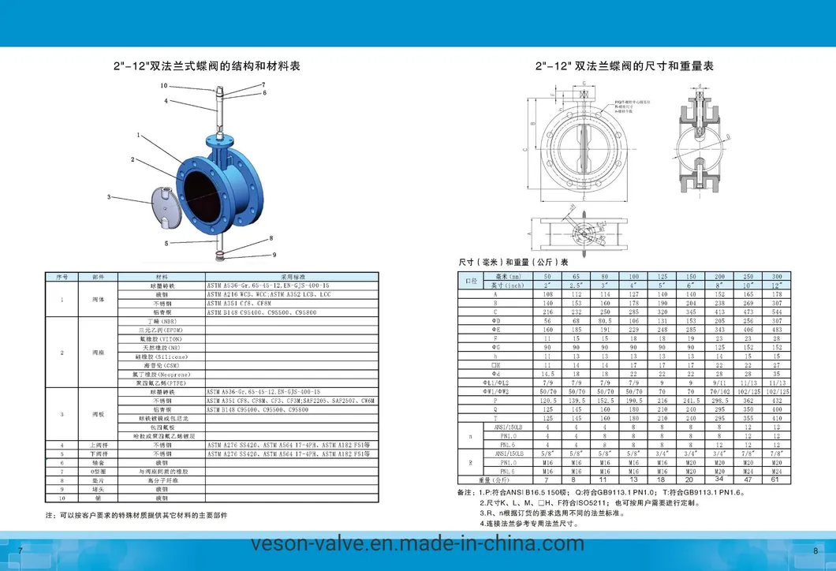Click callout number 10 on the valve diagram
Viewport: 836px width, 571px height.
click(164, 84)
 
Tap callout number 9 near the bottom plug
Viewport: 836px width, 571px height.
click(274, 254)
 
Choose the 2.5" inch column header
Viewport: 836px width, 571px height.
click(576, 285)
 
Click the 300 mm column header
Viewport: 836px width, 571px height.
click(777, 277)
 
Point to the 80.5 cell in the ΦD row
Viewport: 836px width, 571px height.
click(605, 321)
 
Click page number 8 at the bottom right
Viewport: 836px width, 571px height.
click(815, 550)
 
